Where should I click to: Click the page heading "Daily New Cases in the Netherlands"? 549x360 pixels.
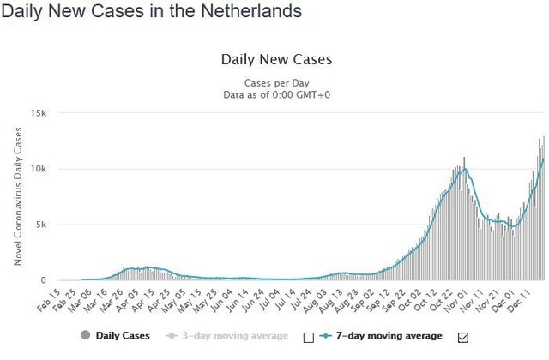pyautogui.click(x=151, y=12)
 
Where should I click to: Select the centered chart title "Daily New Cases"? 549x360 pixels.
pyautogui.click(x=276, y=60)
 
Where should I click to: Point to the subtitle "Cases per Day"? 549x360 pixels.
pyautogui.click(x=276, y=82)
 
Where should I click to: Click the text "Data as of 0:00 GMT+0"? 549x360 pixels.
pyautogui.click(x=276, y=94)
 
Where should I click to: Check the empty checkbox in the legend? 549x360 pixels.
pyautogui.click(x=309, y=337)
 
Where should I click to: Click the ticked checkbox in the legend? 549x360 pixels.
pyautogui.click(x=464, y=337)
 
